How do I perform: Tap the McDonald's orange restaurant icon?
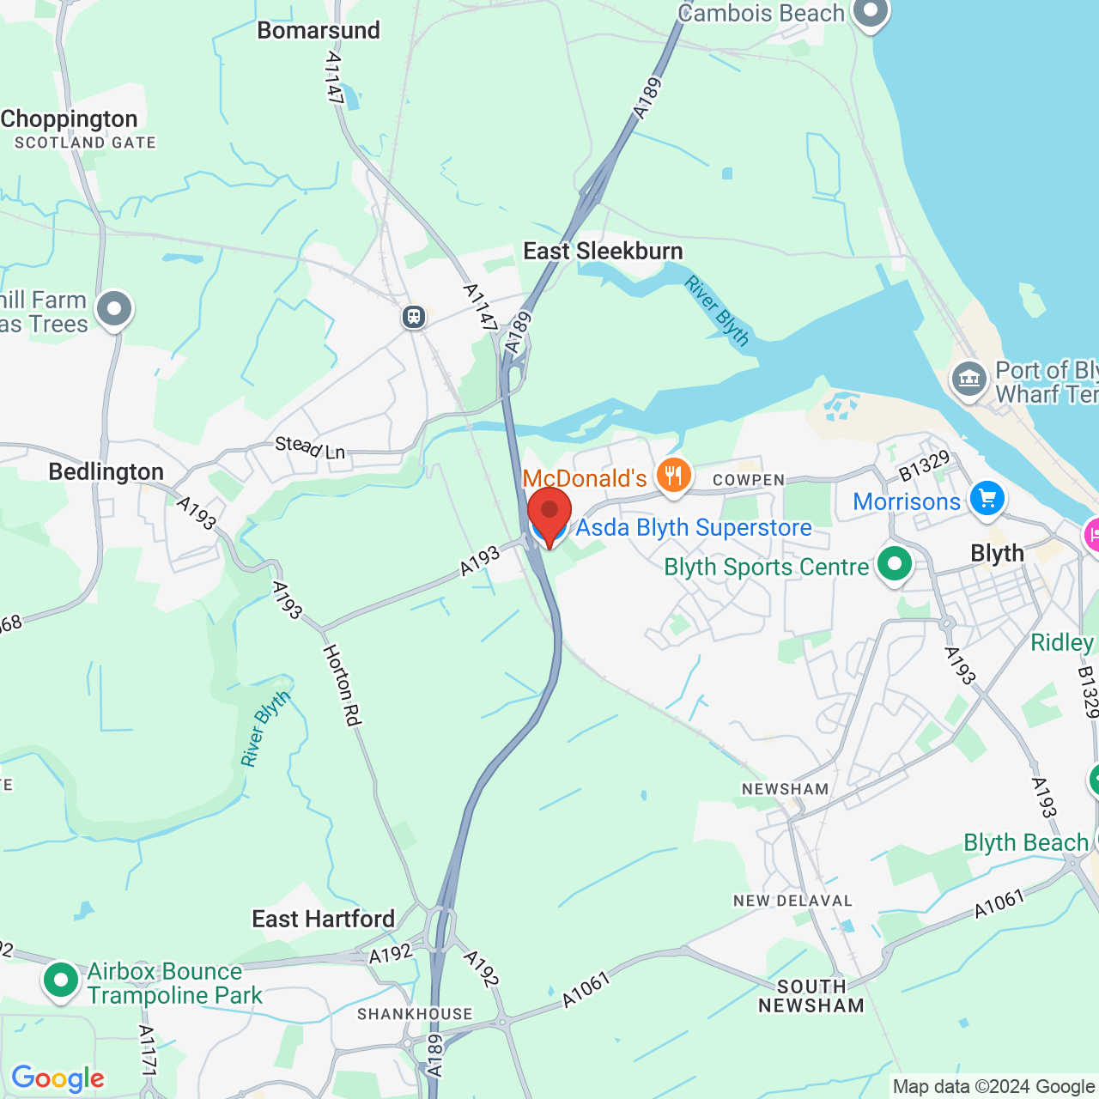point(674,474)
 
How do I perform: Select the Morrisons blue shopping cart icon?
point(987,498)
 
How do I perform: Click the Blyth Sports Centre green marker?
point(895,565)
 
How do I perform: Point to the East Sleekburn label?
point(603,251)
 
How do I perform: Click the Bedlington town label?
point(106,471)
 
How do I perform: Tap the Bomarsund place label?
point(319,30)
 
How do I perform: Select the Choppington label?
point(70,118)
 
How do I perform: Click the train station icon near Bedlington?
point(414,317)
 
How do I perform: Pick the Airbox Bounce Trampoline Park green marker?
point(60,979)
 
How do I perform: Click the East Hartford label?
point(323,919)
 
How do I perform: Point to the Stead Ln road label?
point(310,446)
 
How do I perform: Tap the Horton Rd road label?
point(341,684)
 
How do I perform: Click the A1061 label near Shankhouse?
point(586,988)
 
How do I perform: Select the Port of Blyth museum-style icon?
point(969,379)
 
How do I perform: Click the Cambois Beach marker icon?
point(871,12)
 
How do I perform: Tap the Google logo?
point(58,1078)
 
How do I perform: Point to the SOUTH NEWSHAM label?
point(811,996)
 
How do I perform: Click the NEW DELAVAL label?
point(792,901)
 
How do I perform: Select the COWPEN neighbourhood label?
point(749,480)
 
